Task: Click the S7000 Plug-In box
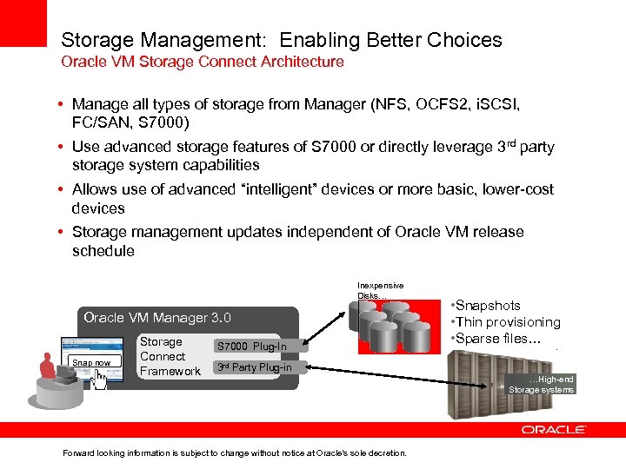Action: pos(251,347)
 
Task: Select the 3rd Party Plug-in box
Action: pos(253,367)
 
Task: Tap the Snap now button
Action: pos(91,362)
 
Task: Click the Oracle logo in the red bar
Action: pos(554,430)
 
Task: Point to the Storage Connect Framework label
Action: pos(170,357)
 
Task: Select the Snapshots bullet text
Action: pos(489,306)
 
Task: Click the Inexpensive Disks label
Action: pos(380,290)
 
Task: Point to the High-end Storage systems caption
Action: pos(542,385)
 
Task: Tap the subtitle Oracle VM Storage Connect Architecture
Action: pos(202,63)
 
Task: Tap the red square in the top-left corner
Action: pos(23,23)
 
